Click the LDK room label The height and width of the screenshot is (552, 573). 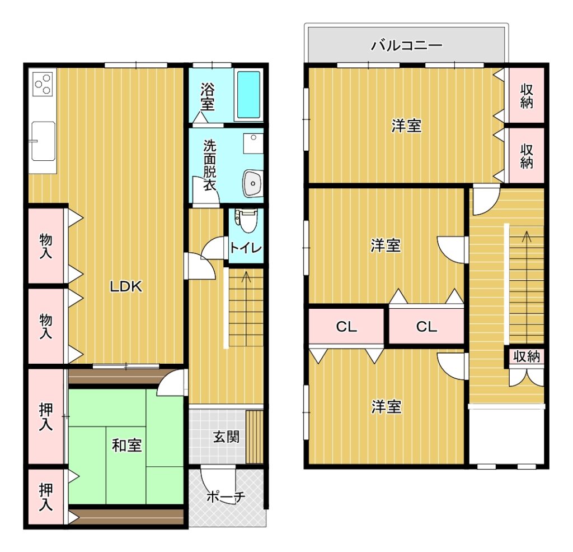126,286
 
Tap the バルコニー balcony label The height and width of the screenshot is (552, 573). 407,46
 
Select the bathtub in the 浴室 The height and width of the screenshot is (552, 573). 248,94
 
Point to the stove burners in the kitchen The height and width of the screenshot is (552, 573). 43,84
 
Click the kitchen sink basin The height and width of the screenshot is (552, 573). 43,141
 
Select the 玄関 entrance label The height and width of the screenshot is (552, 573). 226,437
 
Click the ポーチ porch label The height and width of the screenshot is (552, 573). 226,497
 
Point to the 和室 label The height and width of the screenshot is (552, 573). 126,446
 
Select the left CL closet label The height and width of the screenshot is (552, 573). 346,326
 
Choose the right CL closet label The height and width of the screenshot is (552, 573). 426,326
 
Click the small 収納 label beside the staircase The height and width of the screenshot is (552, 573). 527,356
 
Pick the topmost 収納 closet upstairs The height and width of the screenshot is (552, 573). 527,96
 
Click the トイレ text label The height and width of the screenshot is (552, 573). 246,248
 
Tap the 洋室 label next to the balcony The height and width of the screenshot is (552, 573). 406,126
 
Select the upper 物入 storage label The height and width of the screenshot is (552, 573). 46,247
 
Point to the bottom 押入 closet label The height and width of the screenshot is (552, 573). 46,497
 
